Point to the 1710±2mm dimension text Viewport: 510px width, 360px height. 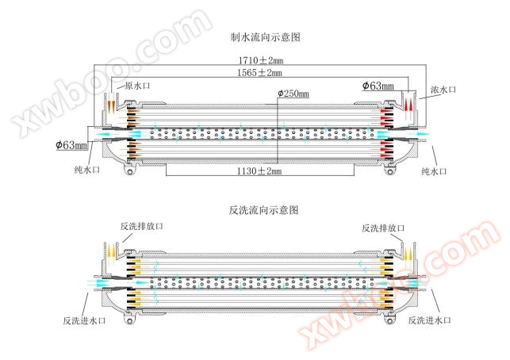point(259,59)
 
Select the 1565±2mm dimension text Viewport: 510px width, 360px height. point(259,73)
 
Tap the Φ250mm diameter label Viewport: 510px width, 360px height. point(293,94)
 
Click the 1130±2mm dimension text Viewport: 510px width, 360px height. point(259,170)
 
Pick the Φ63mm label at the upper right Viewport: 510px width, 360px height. point(378,85)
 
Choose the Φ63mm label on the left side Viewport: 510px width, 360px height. point(71,144)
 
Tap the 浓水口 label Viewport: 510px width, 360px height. point(443,90)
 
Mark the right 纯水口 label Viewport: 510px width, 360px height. point(435,170)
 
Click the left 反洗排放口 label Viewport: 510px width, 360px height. point(142,228)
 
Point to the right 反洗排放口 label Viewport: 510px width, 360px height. point(383,228)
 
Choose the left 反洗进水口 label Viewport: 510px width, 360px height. point(85,320)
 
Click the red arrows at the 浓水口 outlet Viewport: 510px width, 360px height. point(408,104)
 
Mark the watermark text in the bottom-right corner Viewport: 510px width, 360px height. point(412,293)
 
